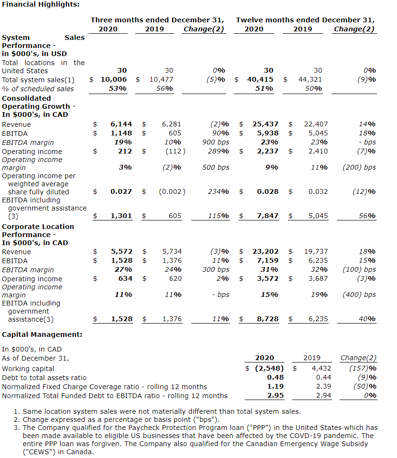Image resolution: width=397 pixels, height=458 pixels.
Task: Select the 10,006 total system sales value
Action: coord(113,80)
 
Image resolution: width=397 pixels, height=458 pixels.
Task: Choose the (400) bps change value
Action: coord(359,295)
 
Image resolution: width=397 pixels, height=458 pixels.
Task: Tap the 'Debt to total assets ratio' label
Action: coord(44,377)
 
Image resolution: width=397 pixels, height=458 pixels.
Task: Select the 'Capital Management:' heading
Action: coord(42,334)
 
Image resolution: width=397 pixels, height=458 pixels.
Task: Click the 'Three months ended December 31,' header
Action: coord(157,20)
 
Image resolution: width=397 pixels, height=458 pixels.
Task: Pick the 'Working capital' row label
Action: coord(28,368)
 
